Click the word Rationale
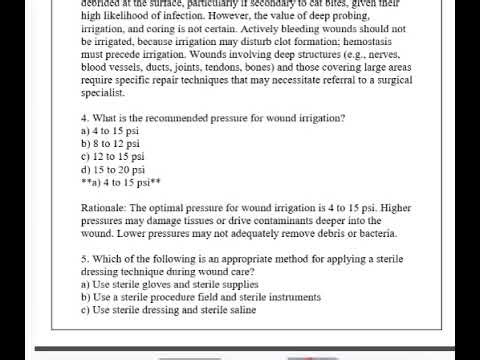(x=104, y=207)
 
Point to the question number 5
(x=84, y=258)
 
